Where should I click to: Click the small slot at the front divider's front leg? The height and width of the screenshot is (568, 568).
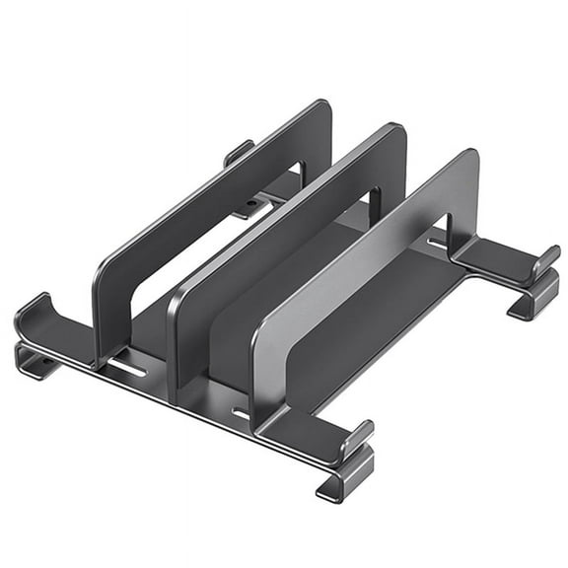click(240, 412)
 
